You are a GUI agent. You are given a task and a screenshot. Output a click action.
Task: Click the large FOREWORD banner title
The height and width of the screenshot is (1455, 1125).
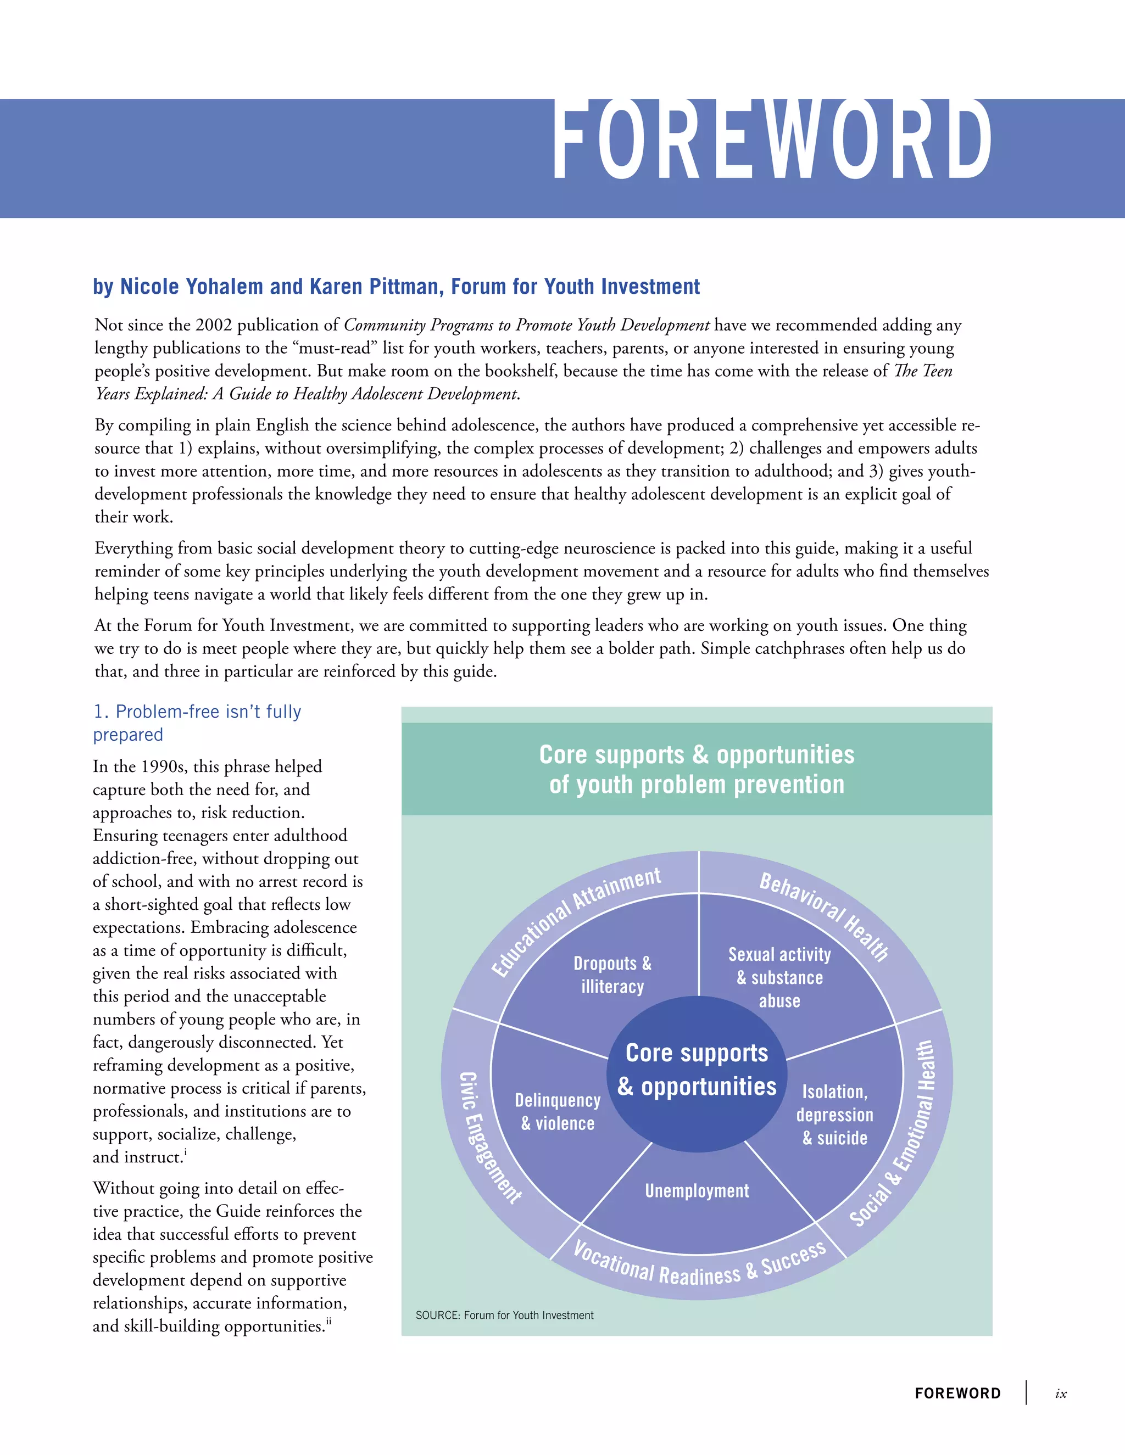click(772, 141)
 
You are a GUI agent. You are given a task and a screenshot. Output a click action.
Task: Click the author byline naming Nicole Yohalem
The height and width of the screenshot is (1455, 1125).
click(396, 287)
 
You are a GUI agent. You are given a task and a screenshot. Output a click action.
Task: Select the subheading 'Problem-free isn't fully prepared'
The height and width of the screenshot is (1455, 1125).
click(197, 723)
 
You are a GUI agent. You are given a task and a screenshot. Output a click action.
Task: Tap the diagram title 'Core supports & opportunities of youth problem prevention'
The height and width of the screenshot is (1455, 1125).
click(697, 769)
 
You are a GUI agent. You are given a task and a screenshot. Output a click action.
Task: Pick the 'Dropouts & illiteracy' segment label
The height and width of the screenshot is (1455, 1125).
click(612, 975)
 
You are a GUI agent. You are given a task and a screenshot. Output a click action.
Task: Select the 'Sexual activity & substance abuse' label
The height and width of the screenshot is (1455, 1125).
click(779, 977)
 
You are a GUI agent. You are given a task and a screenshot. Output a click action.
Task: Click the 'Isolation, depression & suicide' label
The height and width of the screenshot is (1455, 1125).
click(834, 1115)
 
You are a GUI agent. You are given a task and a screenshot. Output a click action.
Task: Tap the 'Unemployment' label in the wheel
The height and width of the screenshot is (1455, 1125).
click(697, 1190)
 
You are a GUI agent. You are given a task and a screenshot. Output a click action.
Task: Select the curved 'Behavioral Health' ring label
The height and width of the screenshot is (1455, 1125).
click(825, 915)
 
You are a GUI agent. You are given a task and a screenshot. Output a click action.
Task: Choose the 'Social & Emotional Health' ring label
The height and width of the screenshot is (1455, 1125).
click(894, 1133)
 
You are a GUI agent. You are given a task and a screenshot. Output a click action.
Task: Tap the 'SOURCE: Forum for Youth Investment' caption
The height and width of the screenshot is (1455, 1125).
click(504, 1315)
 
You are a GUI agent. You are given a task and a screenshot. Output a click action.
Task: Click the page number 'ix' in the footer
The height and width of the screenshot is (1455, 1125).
click(1060, 1393)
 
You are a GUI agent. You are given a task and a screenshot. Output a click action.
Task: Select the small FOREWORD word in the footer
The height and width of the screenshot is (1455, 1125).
click(957, 1393)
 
